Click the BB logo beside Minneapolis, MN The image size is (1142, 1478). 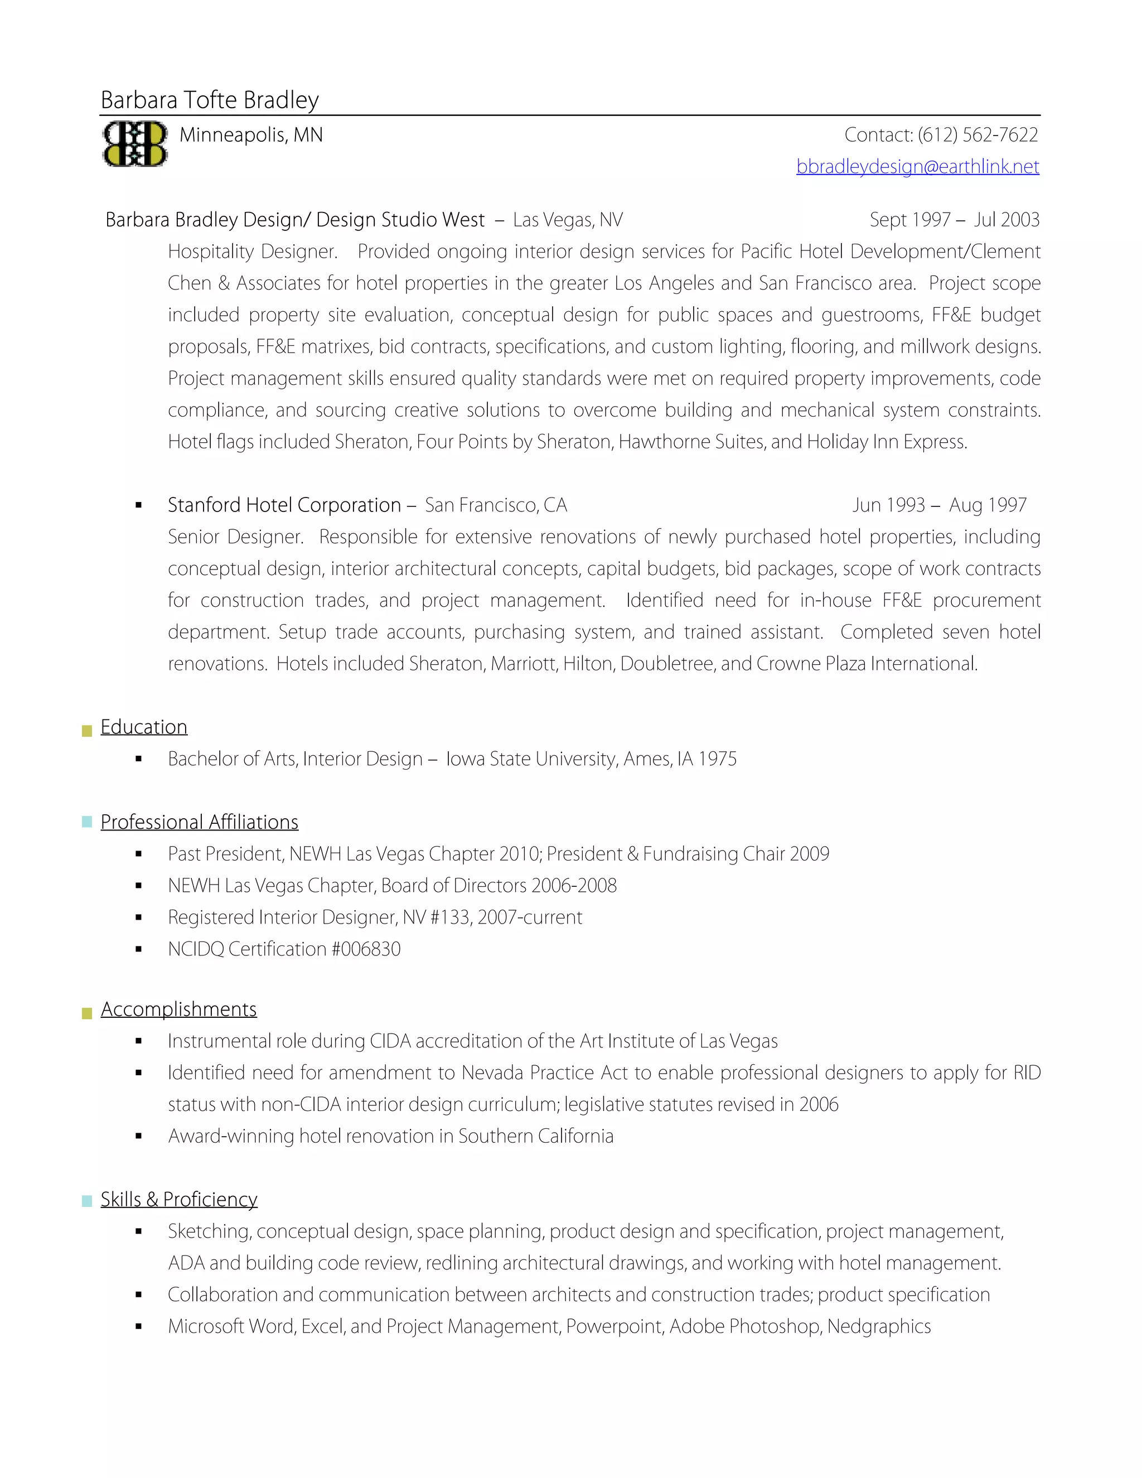click(x=134, y=143)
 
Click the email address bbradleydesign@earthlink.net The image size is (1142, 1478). click(x=917, y=166)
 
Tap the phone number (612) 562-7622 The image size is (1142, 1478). click(x=978, y=136)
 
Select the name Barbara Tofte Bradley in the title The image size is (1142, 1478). click(x=210, y=100)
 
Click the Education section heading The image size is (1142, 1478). click(x=143, y=727)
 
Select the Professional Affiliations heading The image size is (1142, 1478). click(x=199, y=822)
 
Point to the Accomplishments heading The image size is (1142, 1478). click(x=178, y=1009)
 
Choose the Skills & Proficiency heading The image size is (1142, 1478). click(x=178, y=1199)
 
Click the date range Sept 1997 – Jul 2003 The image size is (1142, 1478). click(x=954, y=220)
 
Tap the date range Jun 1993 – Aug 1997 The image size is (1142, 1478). click(x=939, y=505)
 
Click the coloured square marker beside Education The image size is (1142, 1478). click(x=86, y=731)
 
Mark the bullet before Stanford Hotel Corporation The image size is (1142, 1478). click(x=139, y=505)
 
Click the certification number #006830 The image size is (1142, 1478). click(x=366, y=949)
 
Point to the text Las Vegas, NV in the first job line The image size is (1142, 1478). click(x=568, y=220)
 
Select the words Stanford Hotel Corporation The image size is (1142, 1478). click(x=284, y=505)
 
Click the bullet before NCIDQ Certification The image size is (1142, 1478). click(x=139, y=949)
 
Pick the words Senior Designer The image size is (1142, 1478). click(x=235, y=537)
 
